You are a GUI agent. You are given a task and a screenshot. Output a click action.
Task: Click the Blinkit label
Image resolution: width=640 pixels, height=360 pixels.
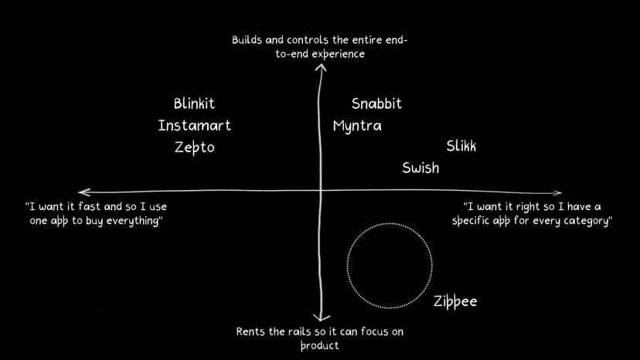click(194, 104)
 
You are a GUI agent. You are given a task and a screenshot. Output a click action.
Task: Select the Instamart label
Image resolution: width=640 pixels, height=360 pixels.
click(194, 125)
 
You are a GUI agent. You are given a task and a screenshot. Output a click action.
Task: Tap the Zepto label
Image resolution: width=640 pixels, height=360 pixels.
click(194, 148)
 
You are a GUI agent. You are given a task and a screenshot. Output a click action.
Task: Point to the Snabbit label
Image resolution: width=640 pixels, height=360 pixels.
click(376, 104)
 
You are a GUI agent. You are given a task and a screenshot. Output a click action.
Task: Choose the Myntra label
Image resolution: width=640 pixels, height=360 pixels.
click(357, 126)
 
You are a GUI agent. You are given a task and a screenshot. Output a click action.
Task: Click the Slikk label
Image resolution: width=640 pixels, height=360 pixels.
click(461, 147)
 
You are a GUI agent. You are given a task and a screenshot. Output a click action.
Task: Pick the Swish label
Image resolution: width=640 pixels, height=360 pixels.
click(420, 168)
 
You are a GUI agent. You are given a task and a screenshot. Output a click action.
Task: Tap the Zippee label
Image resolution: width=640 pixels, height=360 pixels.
click(454, 301)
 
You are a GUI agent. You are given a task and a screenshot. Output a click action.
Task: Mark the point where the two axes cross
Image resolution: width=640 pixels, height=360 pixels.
click(320, 192)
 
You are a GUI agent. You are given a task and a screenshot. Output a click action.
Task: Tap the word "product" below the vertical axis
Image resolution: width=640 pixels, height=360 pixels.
click(319, 346)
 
